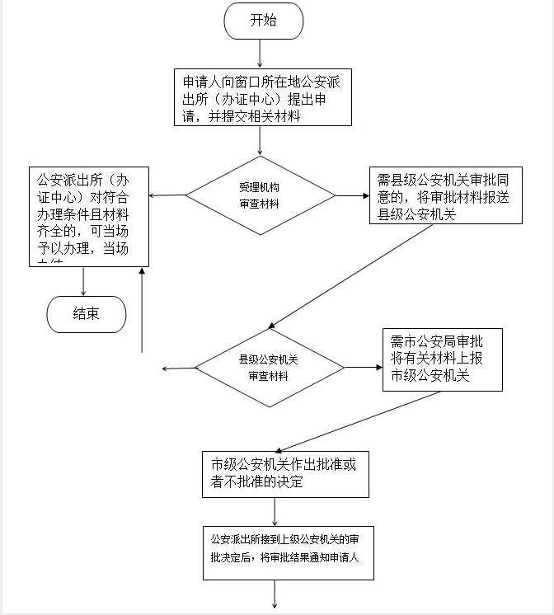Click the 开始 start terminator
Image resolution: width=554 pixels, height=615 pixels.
click(x=263, y=21)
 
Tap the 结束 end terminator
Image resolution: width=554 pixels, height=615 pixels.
click(x=87, y=313)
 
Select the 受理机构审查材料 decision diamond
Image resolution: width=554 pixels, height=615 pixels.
click(x=260, y=195)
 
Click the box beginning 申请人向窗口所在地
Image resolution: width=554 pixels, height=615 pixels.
click(x=260, y=98)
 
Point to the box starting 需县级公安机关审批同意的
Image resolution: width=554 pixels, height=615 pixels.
click(x=445, y=195)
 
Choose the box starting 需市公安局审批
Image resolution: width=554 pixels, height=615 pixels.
click(x=442, y=359)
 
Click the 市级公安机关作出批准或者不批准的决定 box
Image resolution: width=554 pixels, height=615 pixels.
click(x=285, y=473)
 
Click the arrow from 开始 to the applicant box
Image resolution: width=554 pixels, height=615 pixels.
click(x=261, y=53)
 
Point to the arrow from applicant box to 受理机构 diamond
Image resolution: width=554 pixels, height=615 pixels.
click(x=261, y=142)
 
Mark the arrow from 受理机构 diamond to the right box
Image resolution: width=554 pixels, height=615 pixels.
click(x=352, y=196)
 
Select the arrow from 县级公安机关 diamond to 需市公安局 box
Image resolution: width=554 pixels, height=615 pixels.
click(x=363, y=367)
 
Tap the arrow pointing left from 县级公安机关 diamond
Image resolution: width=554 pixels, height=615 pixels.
click(x=180, y=368)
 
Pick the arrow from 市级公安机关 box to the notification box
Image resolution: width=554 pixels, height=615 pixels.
click(x=275, y=511)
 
